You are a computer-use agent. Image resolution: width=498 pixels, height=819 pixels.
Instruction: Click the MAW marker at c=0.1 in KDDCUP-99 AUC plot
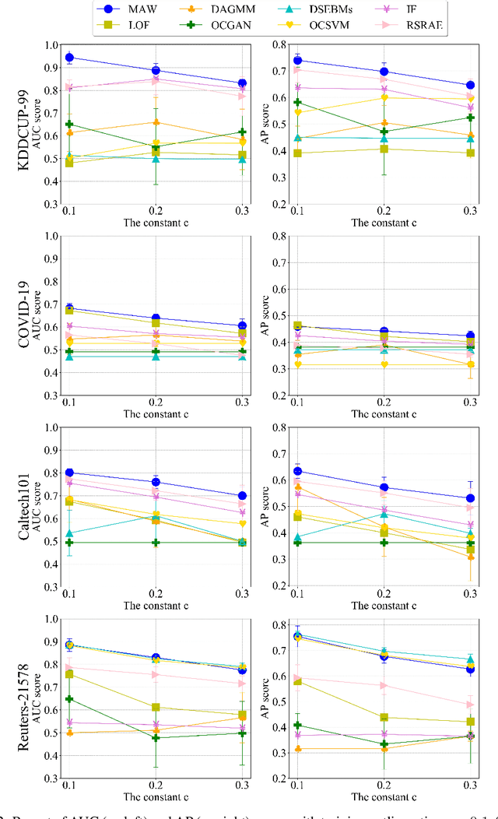(x=69, y=58)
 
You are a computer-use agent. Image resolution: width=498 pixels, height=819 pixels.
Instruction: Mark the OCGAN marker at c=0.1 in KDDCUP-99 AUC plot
(x=69, y=125)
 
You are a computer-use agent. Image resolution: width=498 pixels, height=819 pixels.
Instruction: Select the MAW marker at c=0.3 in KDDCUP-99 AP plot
(x=470, y=86)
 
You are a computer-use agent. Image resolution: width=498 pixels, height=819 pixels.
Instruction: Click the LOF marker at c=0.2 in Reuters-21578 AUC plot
(x=156, y=708)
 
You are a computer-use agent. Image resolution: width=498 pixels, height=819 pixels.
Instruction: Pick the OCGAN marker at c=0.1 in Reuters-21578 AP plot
(x=296, y=726)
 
